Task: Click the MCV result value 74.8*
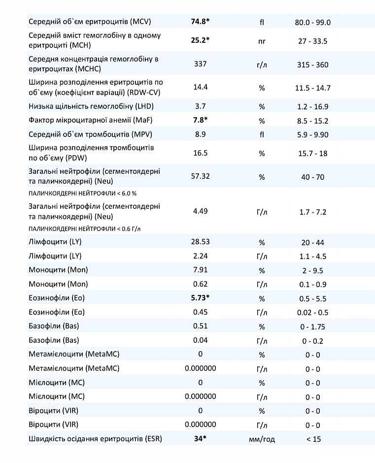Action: pyautogui.click(x=200, y=22)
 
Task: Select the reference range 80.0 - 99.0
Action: pyautogui.click(x=312, y=22)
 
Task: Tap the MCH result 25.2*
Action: pyautogui.click(x=200, y=40)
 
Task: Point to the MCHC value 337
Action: pyautogui.click(x=200, y=64)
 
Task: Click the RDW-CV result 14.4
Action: pyautogui.click(x=200, y=87)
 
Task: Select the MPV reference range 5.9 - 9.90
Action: pyautogui.click(x=312, y=134)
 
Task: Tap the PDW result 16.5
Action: pyautogui.click(x=200, y=153)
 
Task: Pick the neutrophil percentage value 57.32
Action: pyautogui.click(x=200, y=176)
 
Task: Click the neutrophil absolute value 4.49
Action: pyautogui.click(x=200, y=211)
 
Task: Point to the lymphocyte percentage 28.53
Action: pyautogui.click(x=200, y=242)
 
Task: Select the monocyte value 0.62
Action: pyautogui.click(x=200, y=284)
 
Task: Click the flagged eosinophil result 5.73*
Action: pyautogui.click(x=200, y=298)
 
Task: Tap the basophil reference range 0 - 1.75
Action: pyautogui.click(x=312, y=327)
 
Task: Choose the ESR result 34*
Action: pyautogui.click(x=200, y=438)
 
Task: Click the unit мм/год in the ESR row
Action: pyautogui.click(x=262, y=439)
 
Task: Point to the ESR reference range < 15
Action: pyautogui.click(x=312, y=439)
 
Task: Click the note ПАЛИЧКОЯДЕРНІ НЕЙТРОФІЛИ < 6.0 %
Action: pyautogui.click(x=82, y=194)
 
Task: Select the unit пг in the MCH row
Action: pyautogui.click(x=262, y=41)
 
